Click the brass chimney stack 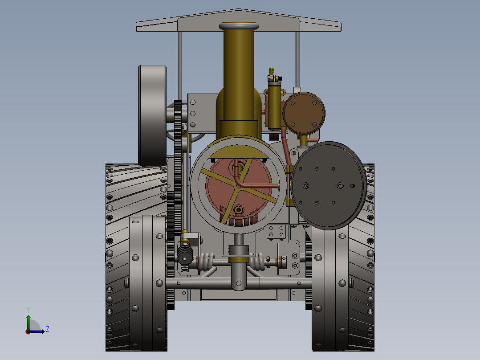click(x=239, y=76)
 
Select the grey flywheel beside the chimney click(x=152, y=115)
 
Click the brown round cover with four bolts click(x=304, y=113)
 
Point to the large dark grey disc click(x=329, y=185)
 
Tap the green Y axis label click(x=28, y=309)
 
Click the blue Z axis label click(x=47, y=329)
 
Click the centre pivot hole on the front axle click(x=239, y=282)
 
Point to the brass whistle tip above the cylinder click(x=271, y=71)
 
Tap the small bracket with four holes click(x=276, y=231)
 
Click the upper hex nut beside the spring click(x=295, y=256)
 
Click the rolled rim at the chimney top click(x=239, y=27)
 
